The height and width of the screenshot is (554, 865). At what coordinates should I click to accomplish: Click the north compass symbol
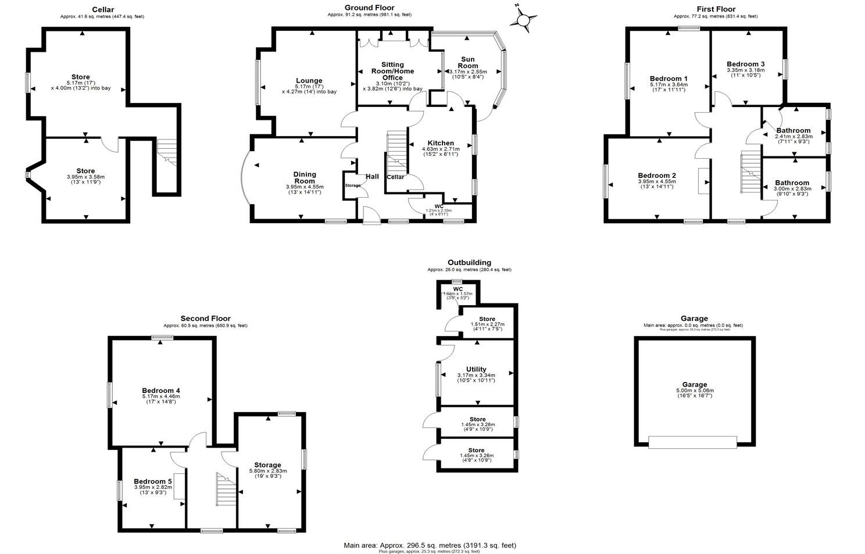(x=523, y=20)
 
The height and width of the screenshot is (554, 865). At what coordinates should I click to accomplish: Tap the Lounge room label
(x=309, y=81)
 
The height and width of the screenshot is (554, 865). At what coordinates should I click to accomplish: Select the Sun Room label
(x=468, y=62)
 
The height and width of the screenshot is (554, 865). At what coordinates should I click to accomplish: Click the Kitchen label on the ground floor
(x=440, y=143)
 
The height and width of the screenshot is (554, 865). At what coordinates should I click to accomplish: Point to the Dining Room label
(x=305, y=177)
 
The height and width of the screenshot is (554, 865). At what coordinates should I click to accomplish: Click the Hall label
(x=372, y=177)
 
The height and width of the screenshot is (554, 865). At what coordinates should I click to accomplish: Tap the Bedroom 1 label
(x=669, y=78)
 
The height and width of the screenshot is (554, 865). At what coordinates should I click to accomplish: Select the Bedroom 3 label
(x=745, y=64)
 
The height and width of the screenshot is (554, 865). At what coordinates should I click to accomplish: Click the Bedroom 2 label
(x=657, y=176)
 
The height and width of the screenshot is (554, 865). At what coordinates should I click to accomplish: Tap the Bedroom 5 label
(x=152, y=481)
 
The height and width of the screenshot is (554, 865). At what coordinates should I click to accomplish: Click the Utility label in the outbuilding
(x=476, y=369)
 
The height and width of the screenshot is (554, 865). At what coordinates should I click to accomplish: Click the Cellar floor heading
(x=102, y=9)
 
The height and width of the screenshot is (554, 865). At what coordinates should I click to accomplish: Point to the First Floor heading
(x=716, y=9)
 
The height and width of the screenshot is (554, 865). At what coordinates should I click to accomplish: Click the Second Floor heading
(x=205, y=319)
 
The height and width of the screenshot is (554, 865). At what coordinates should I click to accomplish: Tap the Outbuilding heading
(x=469, y=263)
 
